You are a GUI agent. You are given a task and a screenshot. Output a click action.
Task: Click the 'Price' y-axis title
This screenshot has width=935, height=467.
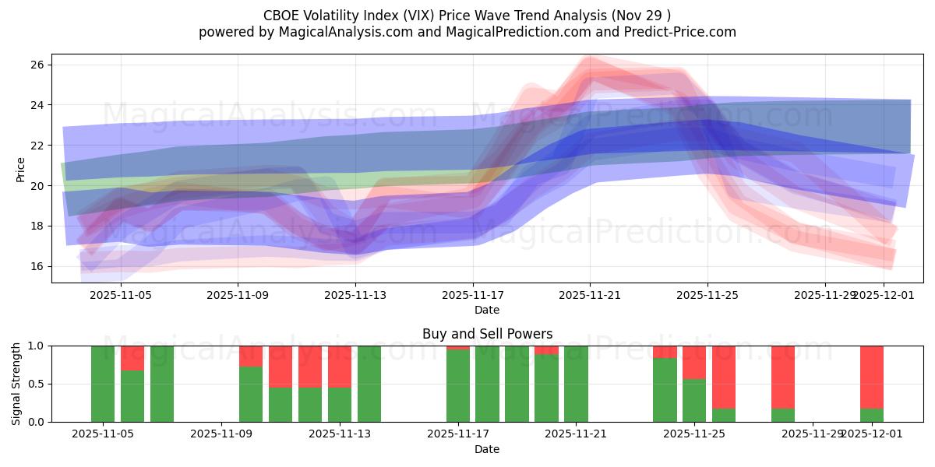click(x=20, y=169)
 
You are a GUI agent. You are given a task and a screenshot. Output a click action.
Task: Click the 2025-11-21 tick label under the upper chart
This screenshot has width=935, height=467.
click(x=590, y=295)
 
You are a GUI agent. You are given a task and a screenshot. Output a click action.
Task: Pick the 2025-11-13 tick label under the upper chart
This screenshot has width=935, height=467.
click(x=355, y=295)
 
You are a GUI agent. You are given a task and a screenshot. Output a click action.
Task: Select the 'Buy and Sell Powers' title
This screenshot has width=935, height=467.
click(x=487, y=334)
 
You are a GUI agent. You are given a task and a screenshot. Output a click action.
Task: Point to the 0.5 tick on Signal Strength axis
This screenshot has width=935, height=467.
click(x=37, y=384)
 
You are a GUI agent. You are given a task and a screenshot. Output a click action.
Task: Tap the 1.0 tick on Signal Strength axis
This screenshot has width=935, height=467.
click(x=37, y=346)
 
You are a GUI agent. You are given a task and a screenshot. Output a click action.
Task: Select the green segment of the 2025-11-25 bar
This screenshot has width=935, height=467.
click(x=694, y=401)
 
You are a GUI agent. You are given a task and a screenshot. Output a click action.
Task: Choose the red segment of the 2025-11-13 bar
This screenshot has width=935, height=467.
click(x=340, y=366)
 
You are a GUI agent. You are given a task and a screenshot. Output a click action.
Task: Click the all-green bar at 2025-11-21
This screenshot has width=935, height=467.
click(x=576, y=384)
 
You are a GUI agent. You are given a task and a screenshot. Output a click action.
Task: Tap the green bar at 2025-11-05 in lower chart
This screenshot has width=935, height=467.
click(x=103, y=384)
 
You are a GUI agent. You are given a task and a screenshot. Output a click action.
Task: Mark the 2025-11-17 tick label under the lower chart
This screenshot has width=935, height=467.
click(x=458, y=434)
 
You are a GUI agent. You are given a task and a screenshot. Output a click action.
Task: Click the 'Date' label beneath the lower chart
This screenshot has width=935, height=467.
click(x=487, y=449)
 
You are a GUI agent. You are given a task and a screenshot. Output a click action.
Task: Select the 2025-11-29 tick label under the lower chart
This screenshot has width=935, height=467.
click(x=813, y=434)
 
